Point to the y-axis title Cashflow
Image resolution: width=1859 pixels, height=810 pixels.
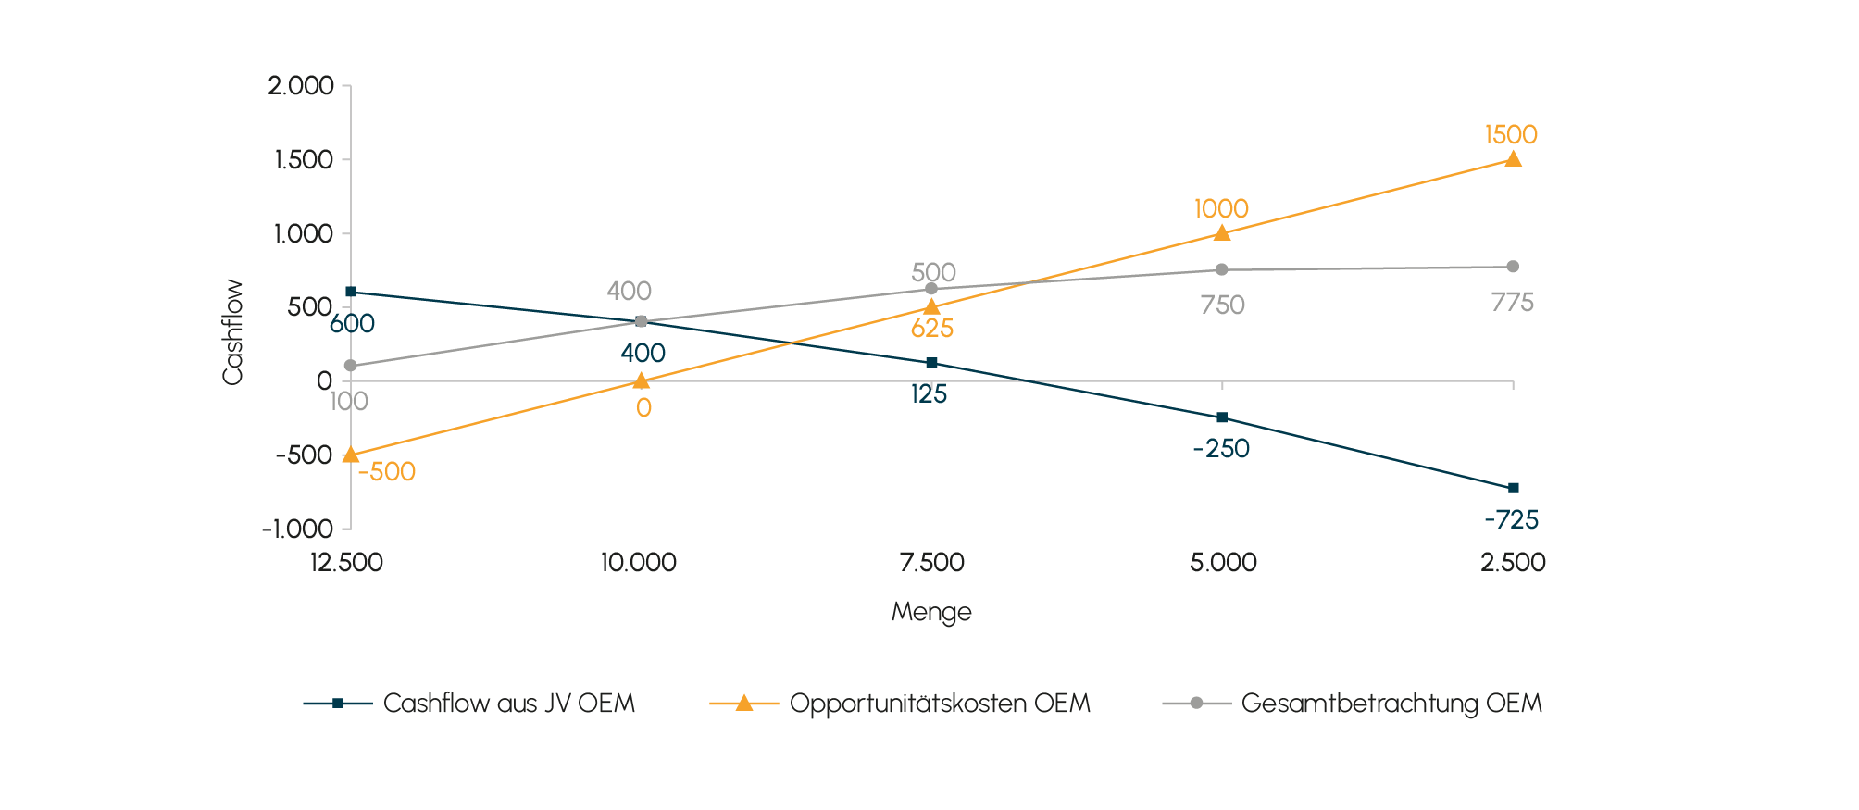point(232,331)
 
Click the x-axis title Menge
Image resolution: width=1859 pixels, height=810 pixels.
point(931,612)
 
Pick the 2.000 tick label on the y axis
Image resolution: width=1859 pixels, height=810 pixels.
point(300,86)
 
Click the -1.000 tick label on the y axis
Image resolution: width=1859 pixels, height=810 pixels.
point(296,530)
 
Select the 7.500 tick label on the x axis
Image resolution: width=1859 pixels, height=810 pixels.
point(931,562)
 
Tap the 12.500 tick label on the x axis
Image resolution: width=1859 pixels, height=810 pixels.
point(346,562)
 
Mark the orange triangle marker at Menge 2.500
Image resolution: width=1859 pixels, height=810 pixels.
point(1513,159)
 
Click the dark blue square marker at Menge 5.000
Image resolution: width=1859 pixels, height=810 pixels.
point(1222,417)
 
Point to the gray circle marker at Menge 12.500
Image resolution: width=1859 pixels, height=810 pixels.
point(350,366)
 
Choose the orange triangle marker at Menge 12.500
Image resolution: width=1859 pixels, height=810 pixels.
point(350,455)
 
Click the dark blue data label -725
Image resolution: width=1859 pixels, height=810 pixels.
point(1511,519)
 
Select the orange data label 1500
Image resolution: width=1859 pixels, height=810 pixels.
point(1510,135)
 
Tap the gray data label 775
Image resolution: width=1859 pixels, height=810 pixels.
point(1512,303)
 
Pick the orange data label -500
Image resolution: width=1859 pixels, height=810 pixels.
point(386,472)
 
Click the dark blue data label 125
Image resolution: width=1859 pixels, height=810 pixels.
point(929,394)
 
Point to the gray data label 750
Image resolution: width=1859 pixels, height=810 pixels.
point(1222,305)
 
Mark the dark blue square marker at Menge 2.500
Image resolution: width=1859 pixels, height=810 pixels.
point(1513,488)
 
